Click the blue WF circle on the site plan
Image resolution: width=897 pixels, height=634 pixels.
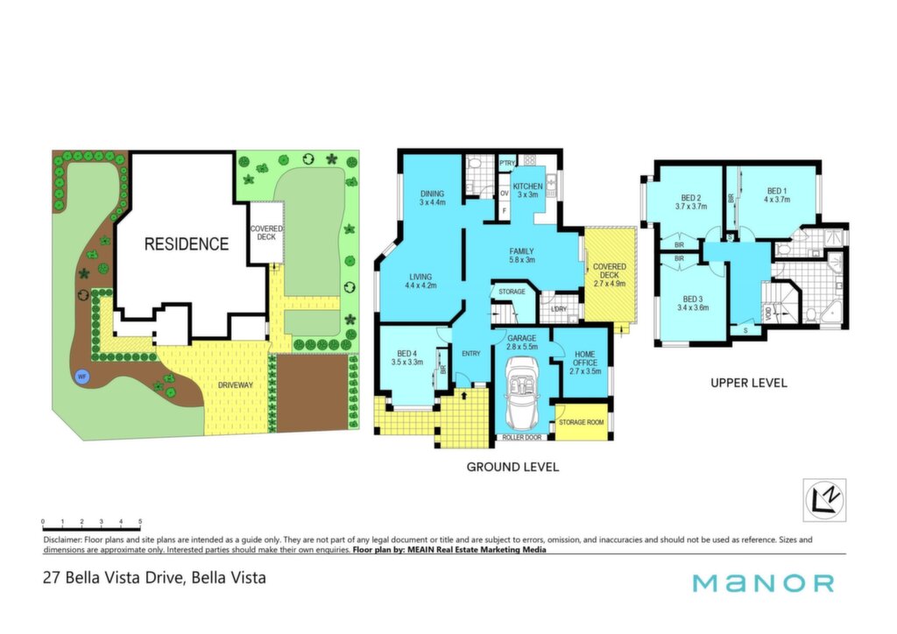[82, 377]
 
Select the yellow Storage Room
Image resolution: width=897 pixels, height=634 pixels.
[582, 422]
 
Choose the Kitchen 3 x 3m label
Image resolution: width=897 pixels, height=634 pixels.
[527, 190]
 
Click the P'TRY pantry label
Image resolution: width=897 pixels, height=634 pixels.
[507, 164]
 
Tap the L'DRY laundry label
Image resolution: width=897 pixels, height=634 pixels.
[558, 309]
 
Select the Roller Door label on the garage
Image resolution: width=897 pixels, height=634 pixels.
[522, 437]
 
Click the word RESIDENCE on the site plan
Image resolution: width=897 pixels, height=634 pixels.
[187, 244]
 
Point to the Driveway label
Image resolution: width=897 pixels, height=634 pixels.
[235, 385]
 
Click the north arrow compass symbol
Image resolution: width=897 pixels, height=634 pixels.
[824, 500]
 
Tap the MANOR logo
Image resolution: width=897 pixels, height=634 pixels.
[763, 583]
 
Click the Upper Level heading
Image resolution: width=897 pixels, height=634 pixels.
[749, 383]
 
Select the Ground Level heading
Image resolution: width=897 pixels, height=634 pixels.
[512, 467]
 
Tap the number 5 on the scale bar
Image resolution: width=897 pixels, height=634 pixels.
[140, 521]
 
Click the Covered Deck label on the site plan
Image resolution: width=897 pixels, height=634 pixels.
[266, 233]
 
